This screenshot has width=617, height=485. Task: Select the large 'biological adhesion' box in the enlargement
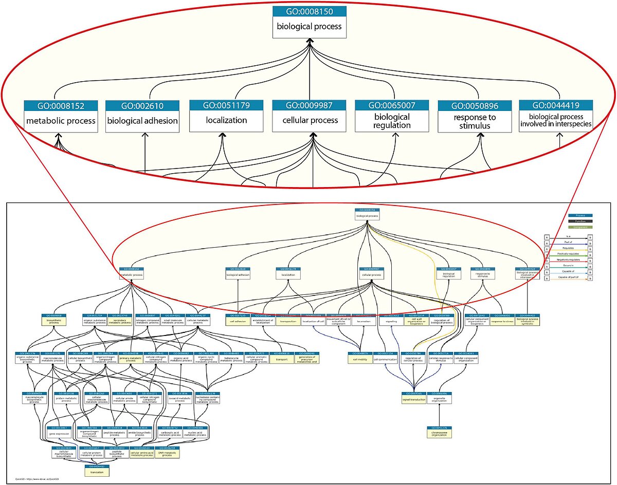tap(142, 121)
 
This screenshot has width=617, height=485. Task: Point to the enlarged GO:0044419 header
tap(556, 105)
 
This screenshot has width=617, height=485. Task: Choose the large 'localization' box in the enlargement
tap(227, 120)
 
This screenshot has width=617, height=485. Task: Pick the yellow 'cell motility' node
tap(359, 358)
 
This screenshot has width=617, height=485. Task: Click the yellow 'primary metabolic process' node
tap(131, 358)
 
